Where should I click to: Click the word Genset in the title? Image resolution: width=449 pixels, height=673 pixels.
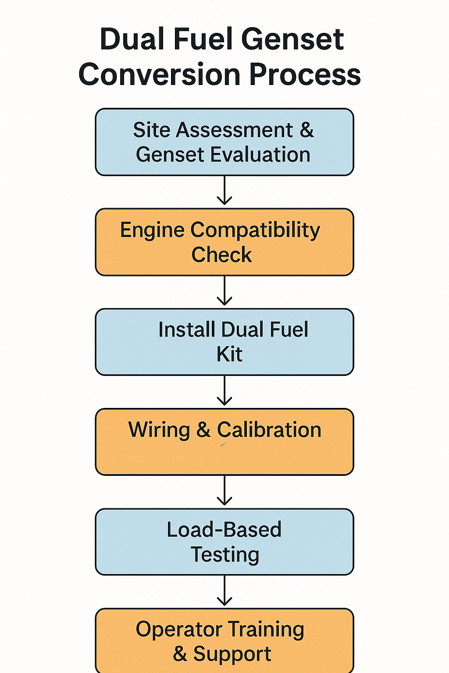[x=292, y=39]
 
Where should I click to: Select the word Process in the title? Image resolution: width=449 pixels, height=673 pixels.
[x=305, y=74]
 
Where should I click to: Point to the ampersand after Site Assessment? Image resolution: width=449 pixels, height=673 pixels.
[x=307, y=130]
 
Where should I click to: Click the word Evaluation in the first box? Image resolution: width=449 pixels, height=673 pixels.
[x=260, y=155]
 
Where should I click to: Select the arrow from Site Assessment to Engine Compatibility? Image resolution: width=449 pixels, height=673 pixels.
[x=224, y=191]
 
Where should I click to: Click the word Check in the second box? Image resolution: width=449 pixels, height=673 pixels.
[x=221, y=255]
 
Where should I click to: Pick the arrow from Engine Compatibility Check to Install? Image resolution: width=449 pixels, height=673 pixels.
[x=224, y=291]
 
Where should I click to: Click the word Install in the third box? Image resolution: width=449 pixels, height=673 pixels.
[x=186, y=329]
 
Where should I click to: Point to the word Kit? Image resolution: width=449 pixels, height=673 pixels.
[x=229, y=354]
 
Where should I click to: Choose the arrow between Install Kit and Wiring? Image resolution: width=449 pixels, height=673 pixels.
[x=224, y=391]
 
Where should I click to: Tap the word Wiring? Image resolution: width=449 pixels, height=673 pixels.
[x=159, y=430]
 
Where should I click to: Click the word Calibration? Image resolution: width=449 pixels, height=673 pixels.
[x=269, y=430]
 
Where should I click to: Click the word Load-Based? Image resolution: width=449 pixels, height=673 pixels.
[x=224, y=530]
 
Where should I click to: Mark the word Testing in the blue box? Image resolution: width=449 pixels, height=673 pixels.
[x=225, y=555]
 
